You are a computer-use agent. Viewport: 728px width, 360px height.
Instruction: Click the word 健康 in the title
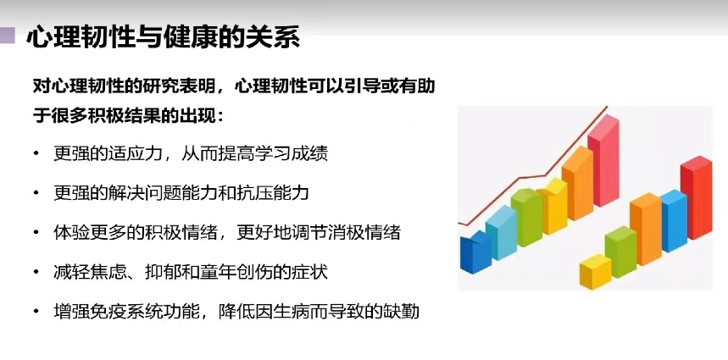pos(198,38)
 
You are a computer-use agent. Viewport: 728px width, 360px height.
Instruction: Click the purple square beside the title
pos(8,36)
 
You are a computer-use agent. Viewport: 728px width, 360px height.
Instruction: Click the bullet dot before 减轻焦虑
pos(36,272)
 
